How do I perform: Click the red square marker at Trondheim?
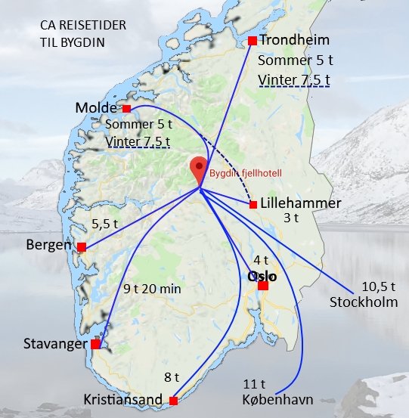point(253,41)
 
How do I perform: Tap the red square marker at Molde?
point(126,109)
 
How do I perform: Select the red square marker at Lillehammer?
point(253,204)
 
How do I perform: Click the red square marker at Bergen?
point(82,246)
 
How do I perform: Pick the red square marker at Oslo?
point(263,286)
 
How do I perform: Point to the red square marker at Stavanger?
point(95,344)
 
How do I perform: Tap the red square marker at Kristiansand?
point(173,401)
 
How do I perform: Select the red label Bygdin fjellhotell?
point(246,173)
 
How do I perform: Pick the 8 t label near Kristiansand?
point(172,376)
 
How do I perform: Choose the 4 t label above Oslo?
point(261,261)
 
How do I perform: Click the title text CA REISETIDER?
point(84,27)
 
